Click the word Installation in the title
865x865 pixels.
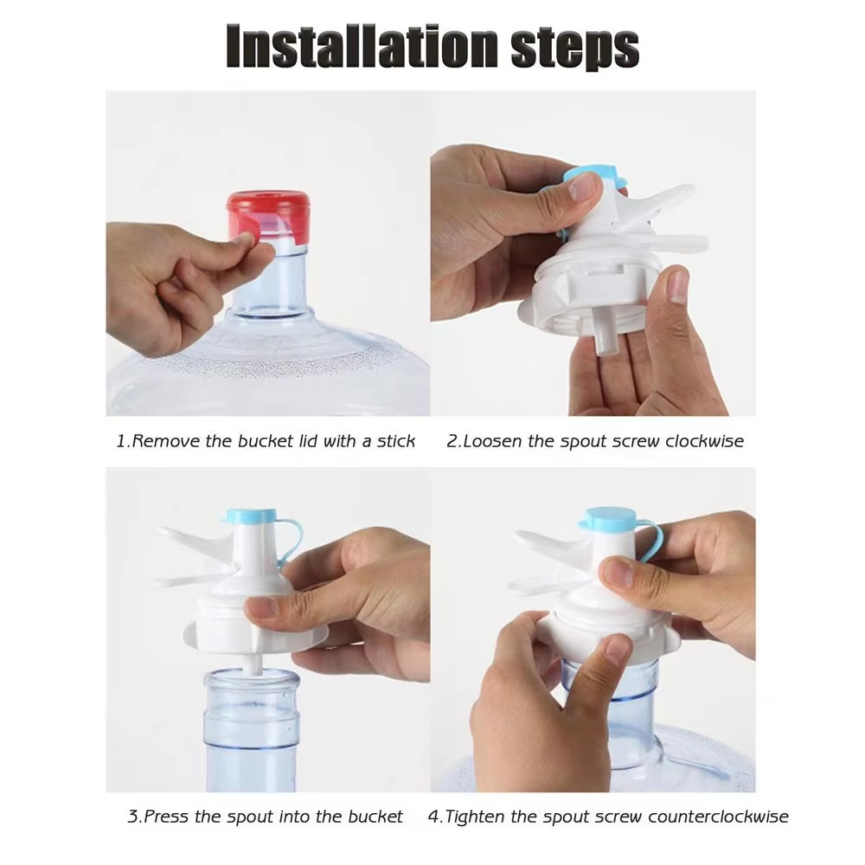point(362,47)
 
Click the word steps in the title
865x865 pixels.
point(575,48)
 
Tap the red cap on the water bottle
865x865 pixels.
point(268,218)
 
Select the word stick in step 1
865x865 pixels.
point(395,441)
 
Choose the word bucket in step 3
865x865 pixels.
point(375,816)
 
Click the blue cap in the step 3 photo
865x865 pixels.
point(250,516)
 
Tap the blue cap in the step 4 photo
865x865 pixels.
point(608,519)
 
